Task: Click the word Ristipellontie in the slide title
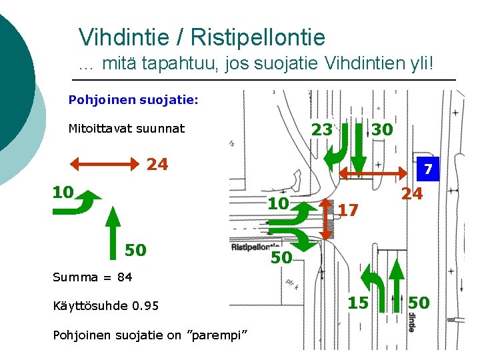[x=261, y=37]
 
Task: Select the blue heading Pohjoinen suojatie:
[x=133, y=100]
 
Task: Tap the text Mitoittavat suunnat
[x=127, y=128]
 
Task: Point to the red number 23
[x=322, y=129]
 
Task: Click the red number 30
[x=382, y=129]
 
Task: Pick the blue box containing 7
[x=429, y=170]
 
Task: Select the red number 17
[x=348, y=210]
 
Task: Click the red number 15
[x=358, y=303]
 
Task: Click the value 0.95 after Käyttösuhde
[x=145, y=306]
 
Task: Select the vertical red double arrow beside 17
[x=327, y=218]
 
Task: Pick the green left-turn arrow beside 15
[x=377, y=287]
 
